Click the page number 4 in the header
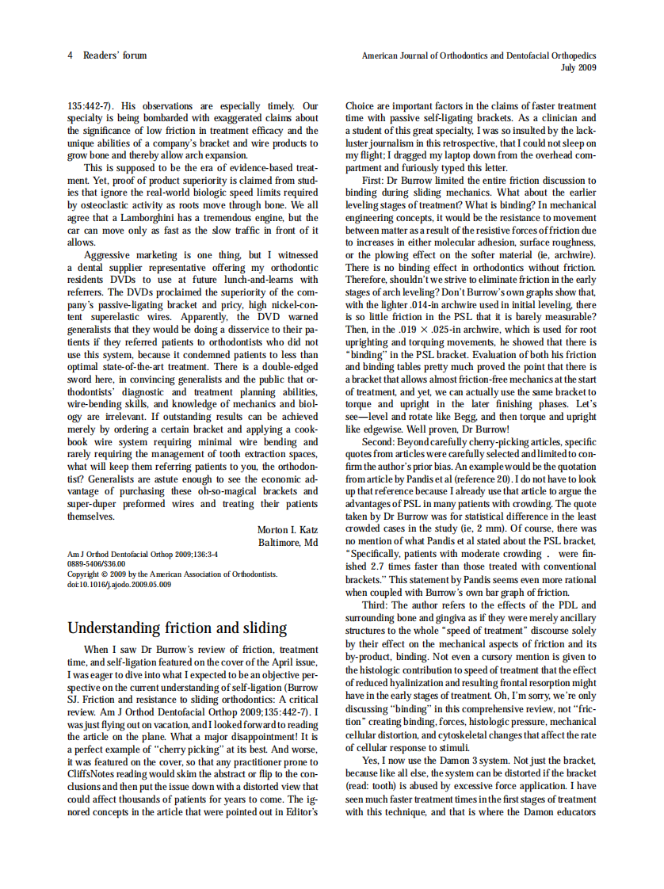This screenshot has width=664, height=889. point(71,55)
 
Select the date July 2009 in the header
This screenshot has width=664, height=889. point(578,67)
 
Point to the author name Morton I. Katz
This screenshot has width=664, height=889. point(287,529)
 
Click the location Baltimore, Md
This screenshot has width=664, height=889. point(288,542)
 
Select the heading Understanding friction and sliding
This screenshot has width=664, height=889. point(177,628)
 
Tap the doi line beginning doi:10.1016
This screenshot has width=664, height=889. point(119,584)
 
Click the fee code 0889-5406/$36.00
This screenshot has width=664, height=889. point(96,564)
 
